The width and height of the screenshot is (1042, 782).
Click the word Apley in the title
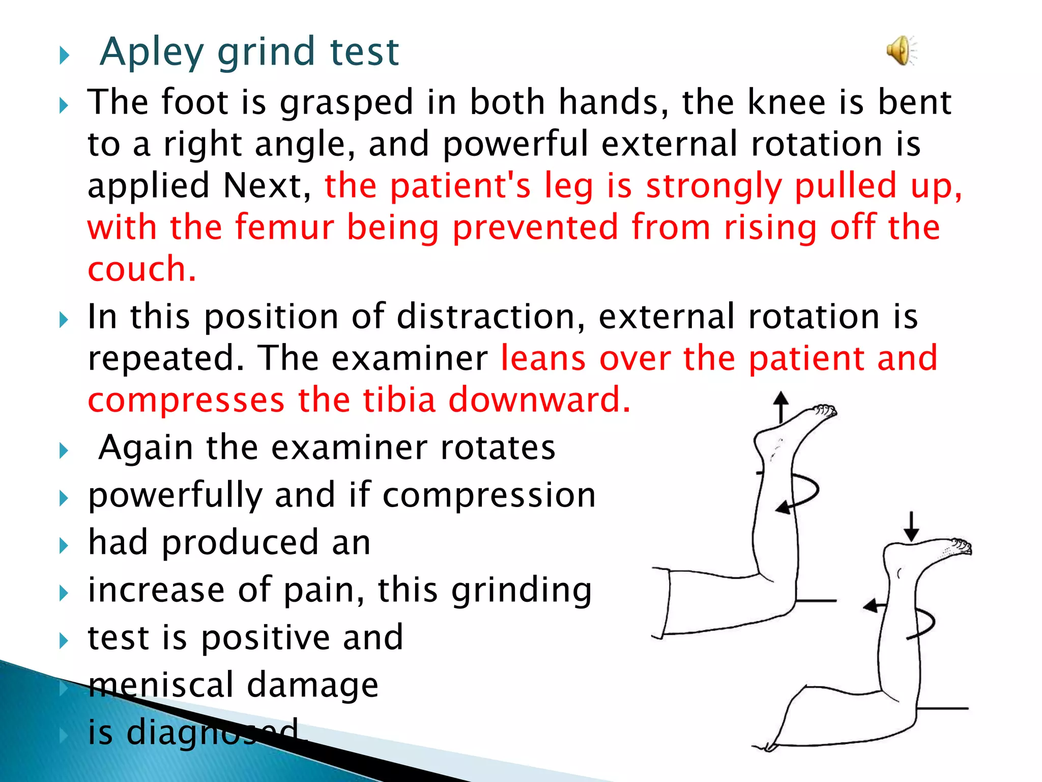[151, 52]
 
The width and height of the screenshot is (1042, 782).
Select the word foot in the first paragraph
[194, 102]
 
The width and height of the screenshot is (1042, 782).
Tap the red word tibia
[399, 400]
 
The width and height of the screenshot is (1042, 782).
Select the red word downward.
[539, 400]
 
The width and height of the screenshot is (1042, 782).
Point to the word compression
[489, 496]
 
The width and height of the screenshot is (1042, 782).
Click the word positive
[265, 638]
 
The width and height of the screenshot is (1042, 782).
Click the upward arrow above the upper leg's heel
[781, 407]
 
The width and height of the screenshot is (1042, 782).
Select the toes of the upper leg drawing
[824, 410]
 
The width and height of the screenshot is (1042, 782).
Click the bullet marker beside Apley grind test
[64, 55]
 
